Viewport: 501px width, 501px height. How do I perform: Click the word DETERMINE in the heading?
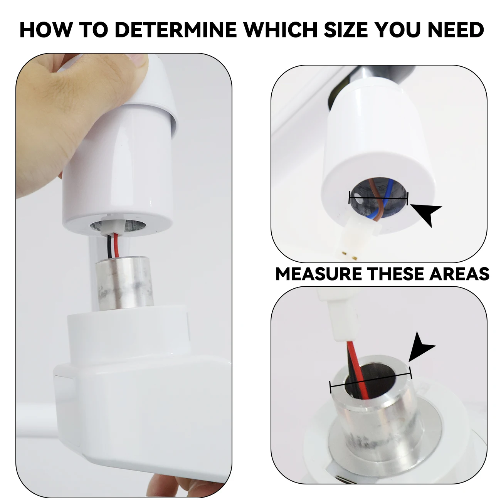[175, 30]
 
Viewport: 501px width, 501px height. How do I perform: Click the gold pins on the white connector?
[348, 254]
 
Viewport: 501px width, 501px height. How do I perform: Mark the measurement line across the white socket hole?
[378, 198]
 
